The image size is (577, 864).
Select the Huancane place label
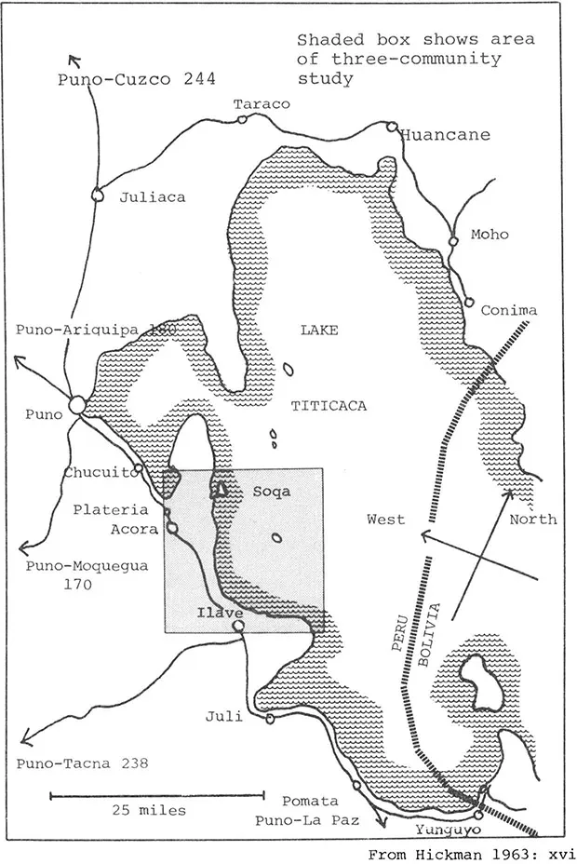445,135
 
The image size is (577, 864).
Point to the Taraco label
262,104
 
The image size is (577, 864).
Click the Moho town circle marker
453,241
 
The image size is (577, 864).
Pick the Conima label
508,310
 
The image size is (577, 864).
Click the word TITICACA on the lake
329,406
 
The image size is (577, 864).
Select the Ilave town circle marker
238,627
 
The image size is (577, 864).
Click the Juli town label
224,716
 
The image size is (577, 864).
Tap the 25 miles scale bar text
149,810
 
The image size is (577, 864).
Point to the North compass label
533,519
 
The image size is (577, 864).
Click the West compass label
385,519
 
